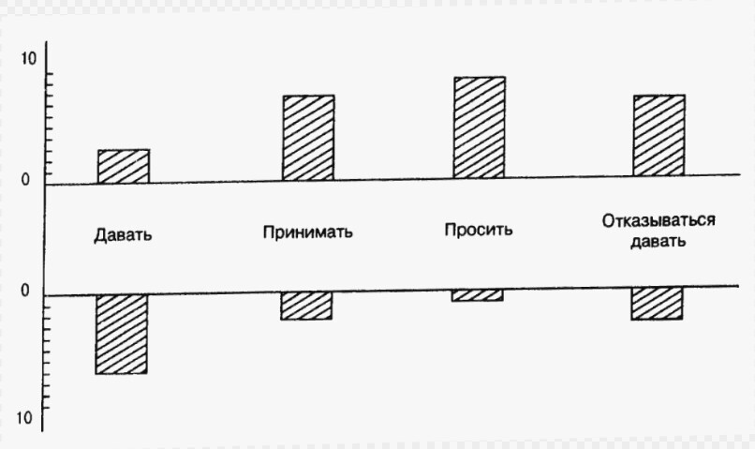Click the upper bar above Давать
(x=124, y=165)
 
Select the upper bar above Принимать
(x=307, y=137)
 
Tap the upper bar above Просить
(x=479, y=127)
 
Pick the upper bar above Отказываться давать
(x=659, y=135)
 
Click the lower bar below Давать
(x=123, y=334)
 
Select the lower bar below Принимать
(x=306, y=306)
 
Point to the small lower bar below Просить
(x=479, y=296)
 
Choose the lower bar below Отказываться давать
(x=657, y=305)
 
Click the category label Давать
(x=123, y=234)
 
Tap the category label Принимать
(x=308, y=232)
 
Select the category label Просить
(x=479, y=230)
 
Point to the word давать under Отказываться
(x=658, y=240)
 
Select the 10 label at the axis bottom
(x=24, y=416)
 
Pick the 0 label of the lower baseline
(x=26, y=292)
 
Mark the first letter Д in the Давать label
(x=99, y=234)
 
